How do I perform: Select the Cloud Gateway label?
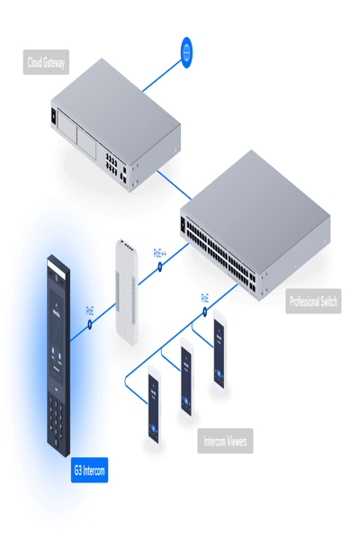click(x=46, y=63)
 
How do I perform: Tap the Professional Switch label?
click(x=314, y=302)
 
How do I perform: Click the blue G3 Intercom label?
click(x=90, y=470)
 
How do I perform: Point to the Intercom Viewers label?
click(x=225, y=441)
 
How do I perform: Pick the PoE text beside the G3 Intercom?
click(x=90, y=310)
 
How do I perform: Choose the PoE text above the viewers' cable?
click(x=205, y=297)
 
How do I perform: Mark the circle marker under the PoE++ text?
click(x=161, y=268)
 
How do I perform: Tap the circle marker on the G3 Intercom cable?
click(x=91, y=326)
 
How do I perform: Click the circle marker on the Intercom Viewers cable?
click(x=205, y=312)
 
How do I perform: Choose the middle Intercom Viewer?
click(x=186, y=380)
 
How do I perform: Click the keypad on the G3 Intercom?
click(x=58, y=423)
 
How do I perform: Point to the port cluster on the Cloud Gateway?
click(x=114, y=166)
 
